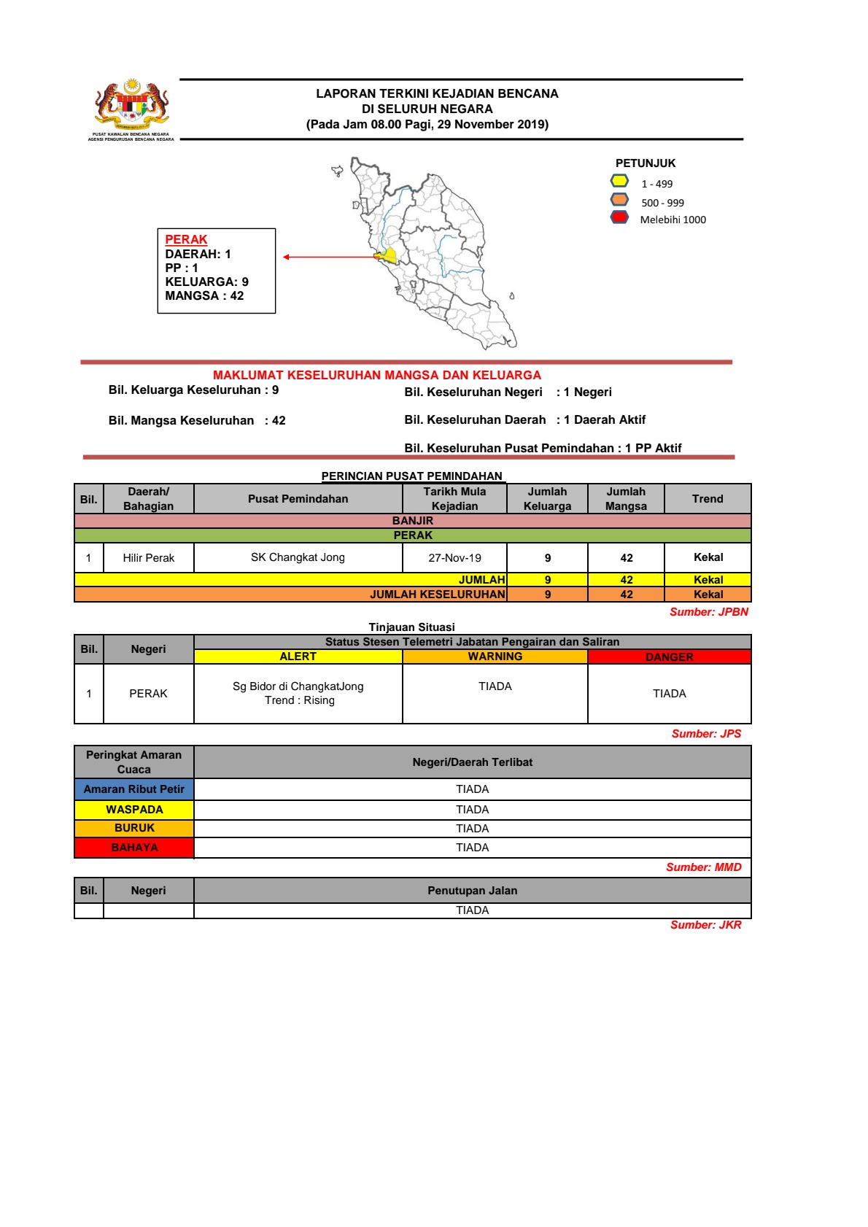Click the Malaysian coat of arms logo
[131, 106]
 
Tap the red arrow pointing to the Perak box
[328, 257]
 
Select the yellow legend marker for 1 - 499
[619, 181]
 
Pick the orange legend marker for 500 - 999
[619, 199]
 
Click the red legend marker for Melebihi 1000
[619, 217]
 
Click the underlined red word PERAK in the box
[186, 239]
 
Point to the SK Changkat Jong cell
[298, 557]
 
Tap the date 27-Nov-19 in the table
[454, 558]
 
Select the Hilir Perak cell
[148, 558]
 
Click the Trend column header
[708, 499]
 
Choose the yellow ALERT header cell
[298, 657]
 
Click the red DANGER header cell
[669, 657]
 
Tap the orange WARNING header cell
[495, 657]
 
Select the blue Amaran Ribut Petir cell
[134, 789]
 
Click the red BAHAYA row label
[134, 848]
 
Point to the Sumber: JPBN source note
[708, 612]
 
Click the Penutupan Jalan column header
[472, 891]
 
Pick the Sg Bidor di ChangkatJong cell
[298, 693]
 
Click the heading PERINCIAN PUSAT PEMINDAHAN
[412, 476]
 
